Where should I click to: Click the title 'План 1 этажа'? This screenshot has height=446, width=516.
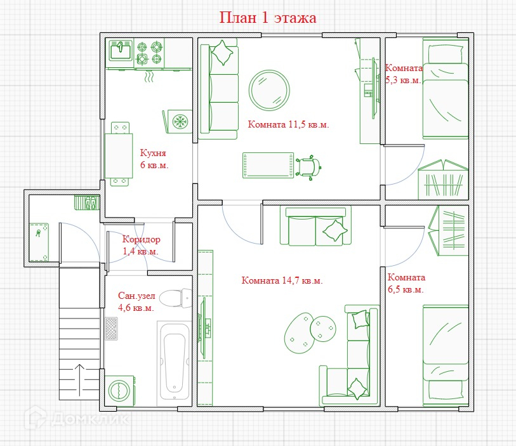[x=268, y=18]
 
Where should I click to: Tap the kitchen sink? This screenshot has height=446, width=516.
[x=121, y=51]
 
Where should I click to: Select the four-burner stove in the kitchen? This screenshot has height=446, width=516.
[x=149, y=53]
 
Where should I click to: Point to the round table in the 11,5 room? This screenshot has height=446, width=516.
[x=269, y=90]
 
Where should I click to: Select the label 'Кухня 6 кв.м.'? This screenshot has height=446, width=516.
[x=154, y=159]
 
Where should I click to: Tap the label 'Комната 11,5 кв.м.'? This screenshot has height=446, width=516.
[x=288, y=124]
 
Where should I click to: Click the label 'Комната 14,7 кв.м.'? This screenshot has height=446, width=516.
[x=282, y=280]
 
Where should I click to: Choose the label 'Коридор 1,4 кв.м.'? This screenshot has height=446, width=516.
[x=141, y=246]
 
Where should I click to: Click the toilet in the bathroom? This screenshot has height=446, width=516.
[x=176, y=298]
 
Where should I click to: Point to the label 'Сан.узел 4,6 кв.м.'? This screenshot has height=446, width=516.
[x=136, y=301]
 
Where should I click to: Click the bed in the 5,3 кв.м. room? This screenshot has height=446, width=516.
[x=446, y=88]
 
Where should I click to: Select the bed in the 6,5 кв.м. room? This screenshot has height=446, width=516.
[x=446, y=355]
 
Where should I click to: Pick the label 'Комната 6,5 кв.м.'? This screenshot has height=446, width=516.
[x=406, y=283]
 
